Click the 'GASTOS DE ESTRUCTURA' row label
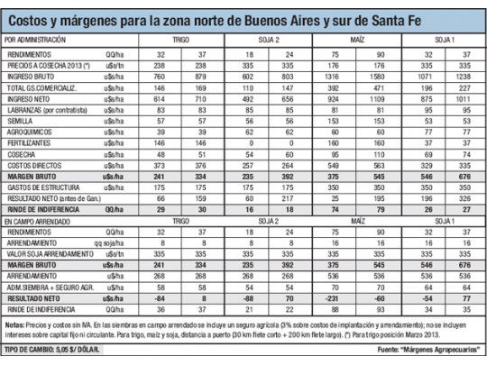[x=40, y=187]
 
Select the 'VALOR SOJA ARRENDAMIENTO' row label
[x=46, y=254]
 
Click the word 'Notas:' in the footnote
[x=16, y=322]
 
